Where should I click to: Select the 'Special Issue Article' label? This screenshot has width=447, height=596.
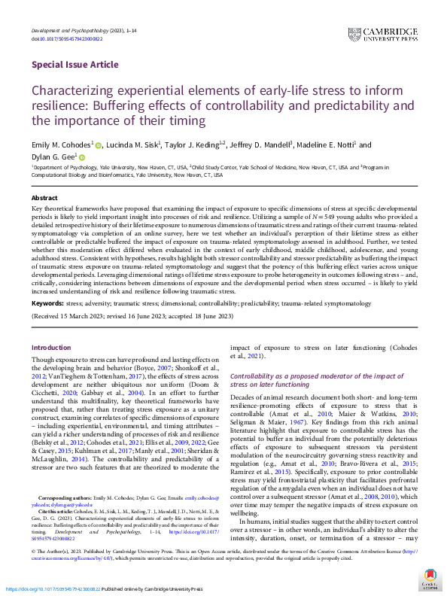click(70, 65)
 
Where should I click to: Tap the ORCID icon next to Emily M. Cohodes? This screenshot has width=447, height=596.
click(99, 145)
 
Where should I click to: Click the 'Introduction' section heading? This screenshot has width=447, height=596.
click(51, 348)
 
